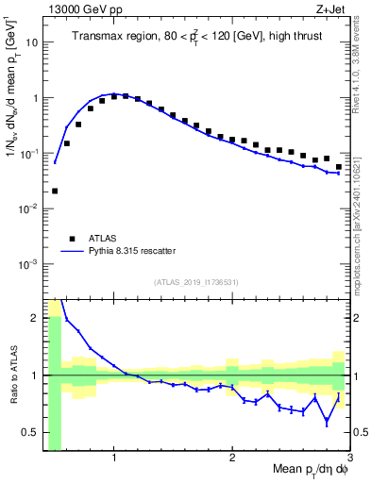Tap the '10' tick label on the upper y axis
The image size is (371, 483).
[32, 42]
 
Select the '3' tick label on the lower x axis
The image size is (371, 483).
[348, 459]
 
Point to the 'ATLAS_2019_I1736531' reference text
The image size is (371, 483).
[196, 282]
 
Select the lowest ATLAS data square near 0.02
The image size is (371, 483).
[55, 191]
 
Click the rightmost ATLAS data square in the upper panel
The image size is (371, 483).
[339, 167]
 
